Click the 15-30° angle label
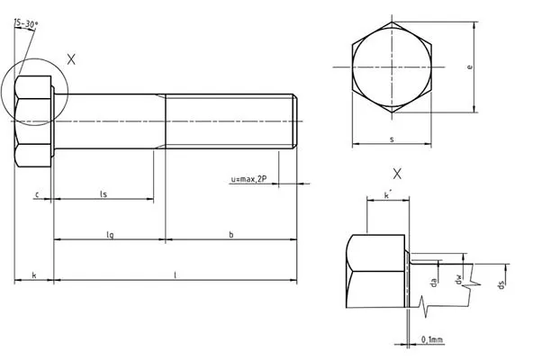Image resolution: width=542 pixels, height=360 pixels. click(27, 23)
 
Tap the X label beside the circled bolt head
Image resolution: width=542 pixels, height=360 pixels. click(71, 59)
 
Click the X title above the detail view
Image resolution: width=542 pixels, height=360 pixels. click(397, 174)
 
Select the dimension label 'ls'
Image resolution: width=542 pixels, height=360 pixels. click(104, 194)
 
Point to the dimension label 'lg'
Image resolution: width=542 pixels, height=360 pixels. click(110, 235)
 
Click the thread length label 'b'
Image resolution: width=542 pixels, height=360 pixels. click(231, 235)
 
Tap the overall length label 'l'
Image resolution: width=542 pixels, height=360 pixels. click(176, 275)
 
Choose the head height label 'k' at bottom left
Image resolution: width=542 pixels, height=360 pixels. click(34, 275)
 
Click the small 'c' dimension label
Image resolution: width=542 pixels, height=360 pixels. click(37, 195)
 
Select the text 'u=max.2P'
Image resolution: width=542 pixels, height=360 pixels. click(248, 179)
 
